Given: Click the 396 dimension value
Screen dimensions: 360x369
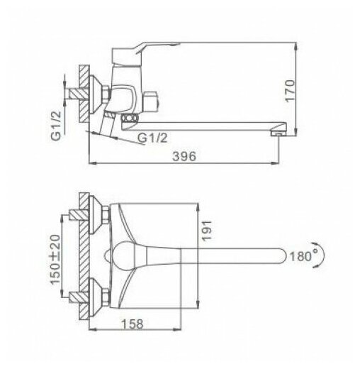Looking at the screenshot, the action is pyautogui.click(x=184, y=156).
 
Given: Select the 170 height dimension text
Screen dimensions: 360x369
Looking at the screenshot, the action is pyautogui.click(x=290, y=91).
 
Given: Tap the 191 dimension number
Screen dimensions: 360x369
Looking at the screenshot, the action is pyautogui.click(x=206, y=231).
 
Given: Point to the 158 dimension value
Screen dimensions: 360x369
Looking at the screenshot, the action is pyautogui.click(x=133, y=324).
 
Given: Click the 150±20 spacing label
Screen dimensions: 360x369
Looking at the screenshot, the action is pyautogui.click(x=55, y=259).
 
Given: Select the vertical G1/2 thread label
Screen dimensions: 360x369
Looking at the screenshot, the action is pyautogui.click(x=56, y=126).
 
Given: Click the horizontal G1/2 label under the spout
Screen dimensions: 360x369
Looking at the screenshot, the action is pyautogui.click(x=152, y=138).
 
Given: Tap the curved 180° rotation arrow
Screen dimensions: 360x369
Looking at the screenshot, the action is pyautogui.click(x=321, y=255).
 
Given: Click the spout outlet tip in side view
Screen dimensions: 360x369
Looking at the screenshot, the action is pyautogui.click(x=279, y=134).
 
